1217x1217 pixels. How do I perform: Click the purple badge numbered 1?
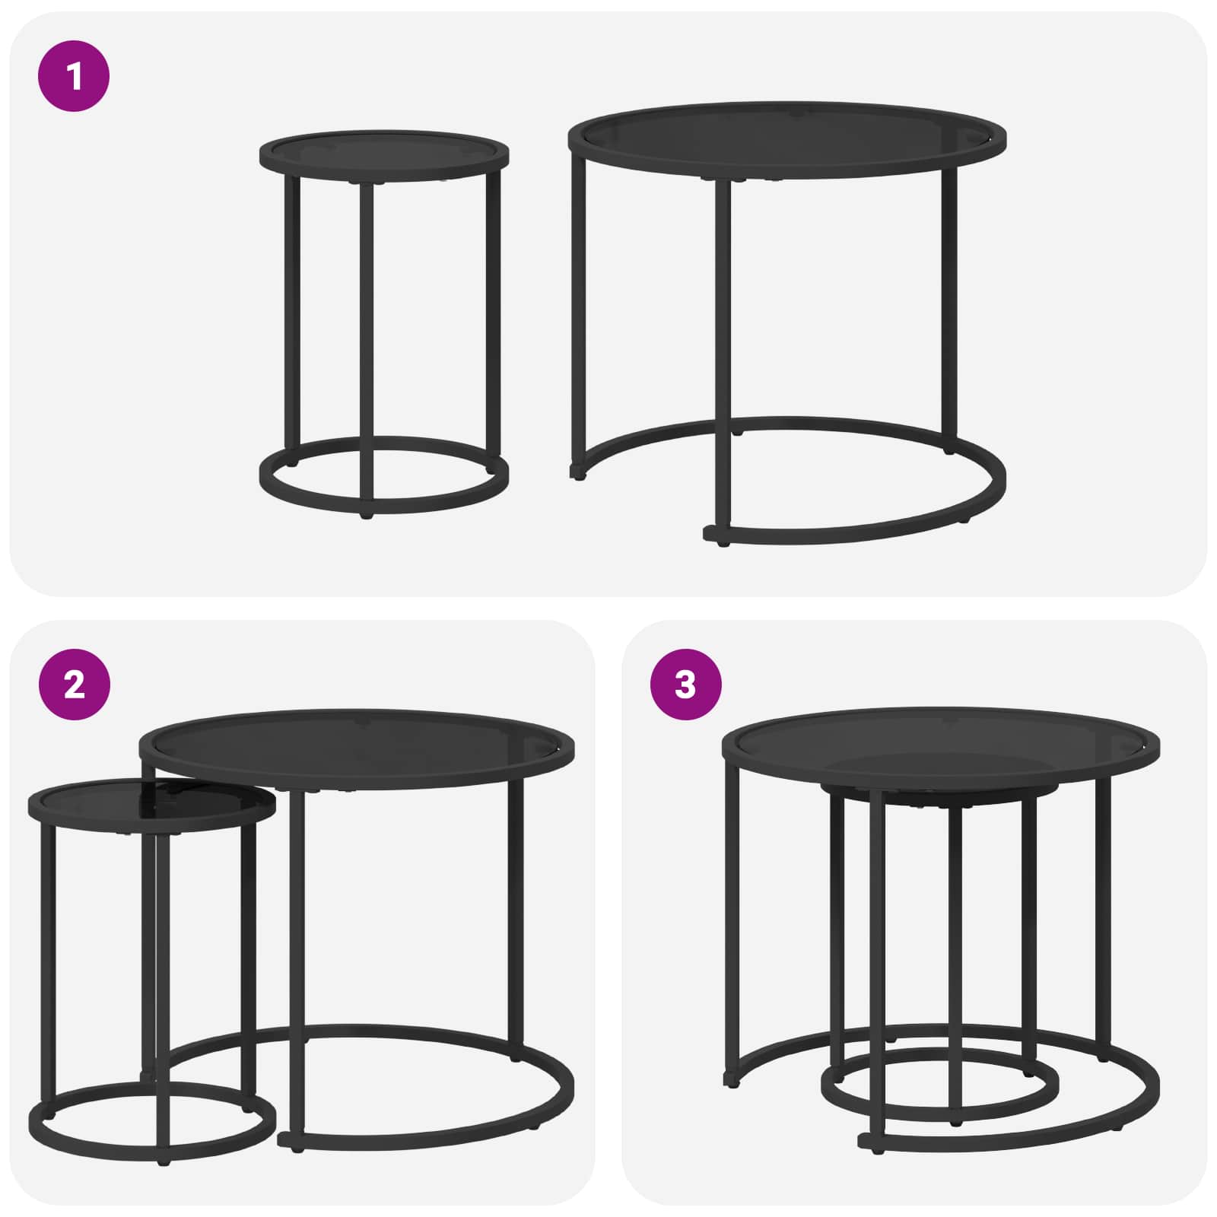tap(74, 76)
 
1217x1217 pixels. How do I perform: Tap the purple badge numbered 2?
tap(74, 685)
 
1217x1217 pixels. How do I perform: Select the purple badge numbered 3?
tap(685, 685)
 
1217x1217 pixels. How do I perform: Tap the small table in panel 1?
tap(384, 323)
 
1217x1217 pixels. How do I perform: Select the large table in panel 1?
tap(787, 323)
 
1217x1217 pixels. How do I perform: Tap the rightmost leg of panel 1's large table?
tap(949, 304)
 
